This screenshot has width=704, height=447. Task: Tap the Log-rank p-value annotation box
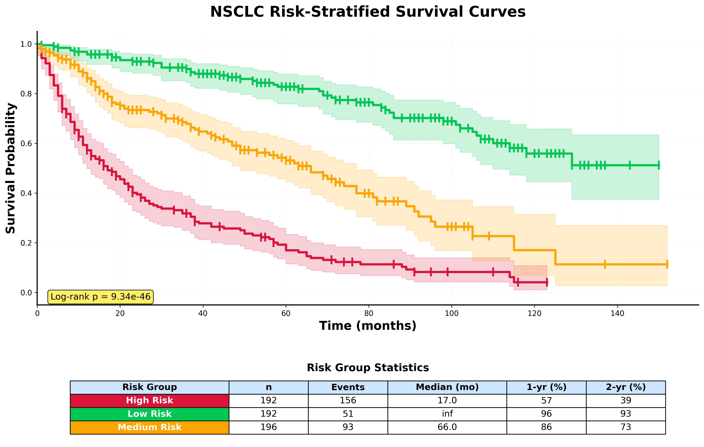pos(100,297)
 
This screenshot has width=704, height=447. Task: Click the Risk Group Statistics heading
pos(368,368)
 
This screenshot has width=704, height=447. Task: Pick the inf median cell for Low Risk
pos(447,414)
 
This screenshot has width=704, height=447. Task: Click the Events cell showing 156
pos(348,401)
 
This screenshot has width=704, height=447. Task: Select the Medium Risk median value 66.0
pos(447,427)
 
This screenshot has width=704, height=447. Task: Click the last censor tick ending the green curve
pos(659,165)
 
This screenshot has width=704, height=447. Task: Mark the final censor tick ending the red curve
pos(547,283)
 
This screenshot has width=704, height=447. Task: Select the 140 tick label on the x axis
pos(617,314)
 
